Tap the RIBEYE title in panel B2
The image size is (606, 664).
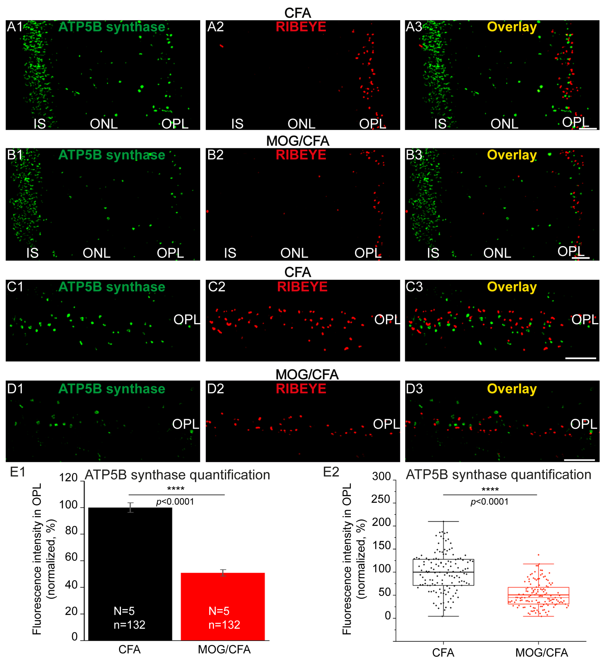click(x=301, y=155)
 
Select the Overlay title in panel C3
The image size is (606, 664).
click(x=512, y=287)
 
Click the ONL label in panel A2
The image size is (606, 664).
click(x=301, y=124)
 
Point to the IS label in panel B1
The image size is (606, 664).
click(x=32, y=253)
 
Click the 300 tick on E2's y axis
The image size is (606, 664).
click(x=381, y=476)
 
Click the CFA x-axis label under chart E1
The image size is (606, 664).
click(x=129, y=650)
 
